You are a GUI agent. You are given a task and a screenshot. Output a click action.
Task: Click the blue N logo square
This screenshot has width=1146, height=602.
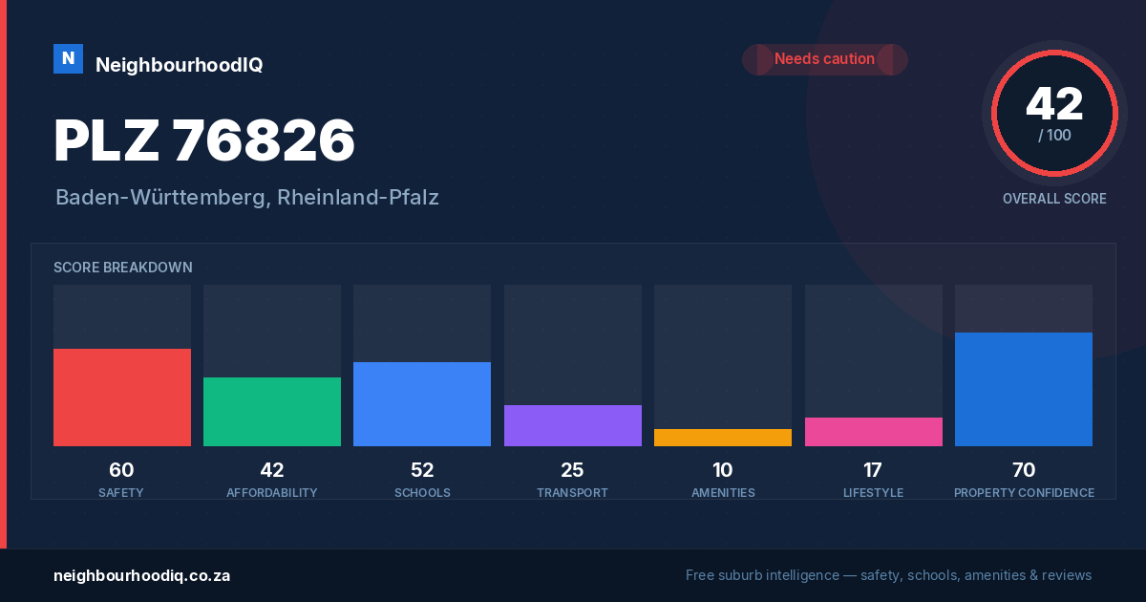point(68,59)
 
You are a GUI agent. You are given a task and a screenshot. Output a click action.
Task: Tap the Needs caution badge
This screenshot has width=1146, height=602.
point(825,59)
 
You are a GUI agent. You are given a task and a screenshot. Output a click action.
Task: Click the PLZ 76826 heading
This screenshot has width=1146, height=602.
point(204,140)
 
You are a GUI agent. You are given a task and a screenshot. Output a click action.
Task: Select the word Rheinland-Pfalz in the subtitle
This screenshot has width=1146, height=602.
point(357,198)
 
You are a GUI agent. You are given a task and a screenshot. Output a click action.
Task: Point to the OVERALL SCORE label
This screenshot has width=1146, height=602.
point(1054,199)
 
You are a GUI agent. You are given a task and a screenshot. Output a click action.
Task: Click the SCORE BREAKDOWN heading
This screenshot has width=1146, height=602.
point(123,268)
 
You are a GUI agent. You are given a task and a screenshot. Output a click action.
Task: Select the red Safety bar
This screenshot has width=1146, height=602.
point(122,398)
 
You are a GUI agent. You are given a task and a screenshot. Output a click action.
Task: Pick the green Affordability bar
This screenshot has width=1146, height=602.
point(272,412)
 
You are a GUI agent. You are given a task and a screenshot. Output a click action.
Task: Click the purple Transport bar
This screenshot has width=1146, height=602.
point(572,425)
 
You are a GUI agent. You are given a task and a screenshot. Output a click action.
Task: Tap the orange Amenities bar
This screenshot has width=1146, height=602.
point(723,438)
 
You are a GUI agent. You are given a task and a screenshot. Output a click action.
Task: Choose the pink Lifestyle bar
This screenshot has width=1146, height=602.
point(873,432)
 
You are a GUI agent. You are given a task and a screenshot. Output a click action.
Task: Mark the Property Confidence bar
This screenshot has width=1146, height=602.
point(1024,389)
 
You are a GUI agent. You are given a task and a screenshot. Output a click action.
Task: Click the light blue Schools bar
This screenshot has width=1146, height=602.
point(422,404)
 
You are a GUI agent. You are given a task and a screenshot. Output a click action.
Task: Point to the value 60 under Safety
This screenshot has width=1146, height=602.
point(121,470)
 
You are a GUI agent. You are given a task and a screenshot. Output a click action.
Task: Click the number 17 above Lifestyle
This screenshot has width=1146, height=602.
point(873,470)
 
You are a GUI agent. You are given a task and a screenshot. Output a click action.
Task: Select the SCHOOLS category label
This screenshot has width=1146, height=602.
point(422,492)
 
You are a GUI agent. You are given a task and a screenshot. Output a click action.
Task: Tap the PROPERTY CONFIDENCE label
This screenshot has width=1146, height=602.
point(1024,492)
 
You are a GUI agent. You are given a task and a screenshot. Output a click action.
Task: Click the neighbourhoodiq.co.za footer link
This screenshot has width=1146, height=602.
point(141,576)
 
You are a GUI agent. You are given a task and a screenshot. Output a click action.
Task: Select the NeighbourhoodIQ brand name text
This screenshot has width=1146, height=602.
point(180,65)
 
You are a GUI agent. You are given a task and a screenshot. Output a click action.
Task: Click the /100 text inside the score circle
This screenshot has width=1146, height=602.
point(1054,135)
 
